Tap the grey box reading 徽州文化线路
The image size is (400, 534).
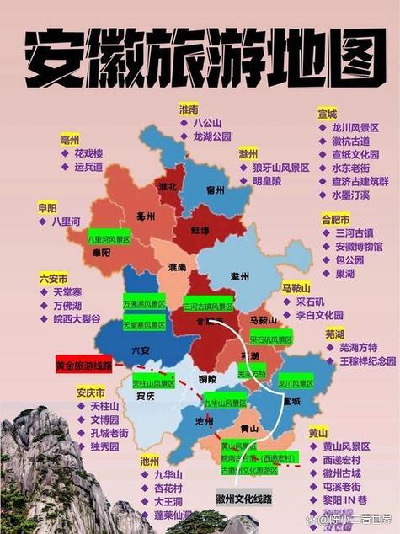point(244,499)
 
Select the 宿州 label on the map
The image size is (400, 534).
point(215,190)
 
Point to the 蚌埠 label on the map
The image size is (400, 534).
point(200,229)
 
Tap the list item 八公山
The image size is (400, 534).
point(207,123)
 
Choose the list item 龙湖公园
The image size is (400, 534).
point(211,136)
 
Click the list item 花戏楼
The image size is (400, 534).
point(88,154)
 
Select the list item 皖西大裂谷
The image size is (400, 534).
point(77,319)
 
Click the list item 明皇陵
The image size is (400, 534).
point(266,181)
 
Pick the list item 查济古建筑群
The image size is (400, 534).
point(360,181)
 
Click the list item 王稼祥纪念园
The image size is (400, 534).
point(367,360)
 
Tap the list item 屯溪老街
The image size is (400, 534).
point(340,488)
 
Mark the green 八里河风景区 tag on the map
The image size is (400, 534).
point(109,239)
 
